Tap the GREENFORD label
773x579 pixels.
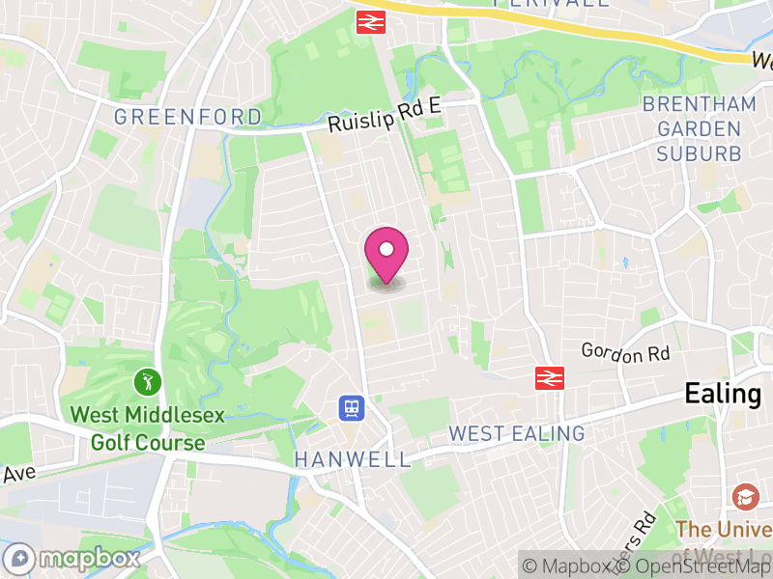point(187,118)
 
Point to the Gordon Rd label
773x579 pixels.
point(625,353)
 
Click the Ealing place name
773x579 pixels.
point(723,394)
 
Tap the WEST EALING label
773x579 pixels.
point(517,433)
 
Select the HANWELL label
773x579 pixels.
point(353,459)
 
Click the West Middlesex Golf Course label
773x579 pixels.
point(148,429)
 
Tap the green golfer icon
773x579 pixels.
point(148,381)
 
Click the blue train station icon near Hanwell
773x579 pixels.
point(351,408)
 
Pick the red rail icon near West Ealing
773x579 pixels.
point(550,378)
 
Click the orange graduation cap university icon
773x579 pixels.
point(745,497)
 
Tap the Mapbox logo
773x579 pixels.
point(72,558)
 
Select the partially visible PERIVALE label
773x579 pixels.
point(551,4)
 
